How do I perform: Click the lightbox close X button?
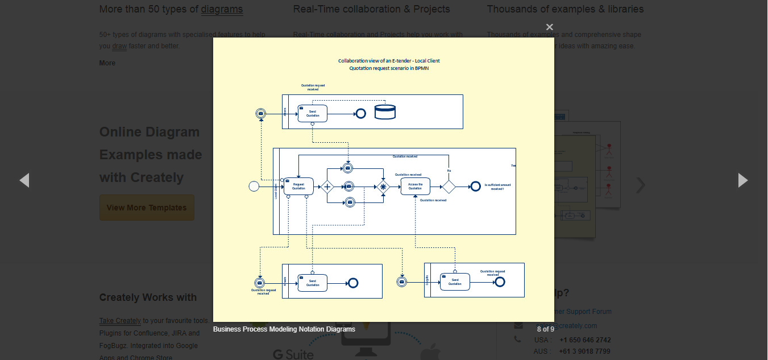549,27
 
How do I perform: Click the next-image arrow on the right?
742,180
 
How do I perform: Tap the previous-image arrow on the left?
24,180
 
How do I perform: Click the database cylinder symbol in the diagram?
385,112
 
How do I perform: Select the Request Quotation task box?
298,186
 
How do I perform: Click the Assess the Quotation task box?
415,186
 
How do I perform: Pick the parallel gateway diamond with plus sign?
327,187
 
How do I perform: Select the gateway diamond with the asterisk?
383,187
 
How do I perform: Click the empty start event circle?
254,186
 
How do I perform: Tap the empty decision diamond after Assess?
449,187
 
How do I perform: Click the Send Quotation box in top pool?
312,113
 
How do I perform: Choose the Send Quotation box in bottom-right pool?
455,282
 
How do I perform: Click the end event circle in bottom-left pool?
352,283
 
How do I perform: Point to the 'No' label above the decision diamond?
449,171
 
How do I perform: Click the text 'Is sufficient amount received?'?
497,187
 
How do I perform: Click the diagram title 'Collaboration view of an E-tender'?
389,61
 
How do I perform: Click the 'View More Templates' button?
147,208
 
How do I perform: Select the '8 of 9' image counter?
545,329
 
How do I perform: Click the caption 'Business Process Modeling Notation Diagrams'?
284,329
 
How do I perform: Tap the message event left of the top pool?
261,114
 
